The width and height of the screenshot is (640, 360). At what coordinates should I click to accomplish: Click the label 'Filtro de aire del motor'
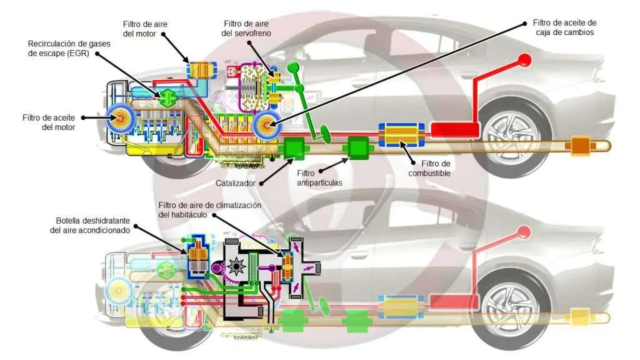point(145,29)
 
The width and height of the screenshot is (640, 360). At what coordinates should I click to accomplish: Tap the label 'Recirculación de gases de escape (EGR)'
point(69,48)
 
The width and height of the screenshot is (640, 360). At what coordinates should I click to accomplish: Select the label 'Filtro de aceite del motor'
point(49,122)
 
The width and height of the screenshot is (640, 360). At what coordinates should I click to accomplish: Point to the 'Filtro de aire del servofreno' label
point(246,29)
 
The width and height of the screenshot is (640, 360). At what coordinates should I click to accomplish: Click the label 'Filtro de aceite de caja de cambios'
point(564,27)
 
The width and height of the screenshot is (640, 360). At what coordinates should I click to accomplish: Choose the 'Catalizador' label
point(235,183)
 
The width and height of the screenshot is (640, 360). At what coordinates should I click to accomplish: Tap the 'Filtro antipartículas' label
point(319,178)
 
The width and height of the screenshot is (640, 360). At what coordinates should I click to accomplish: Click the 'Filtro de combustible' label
point(429,168)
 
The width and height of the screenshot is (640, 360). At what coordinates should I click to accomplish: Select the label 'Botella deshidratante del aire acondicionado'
point(90,225)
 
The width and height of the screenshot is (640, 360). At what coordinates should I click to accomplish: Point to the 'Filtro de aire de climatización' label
point(210,205)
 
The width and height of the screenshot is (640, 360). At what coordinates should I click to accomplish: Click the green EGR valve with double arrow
point(167,98)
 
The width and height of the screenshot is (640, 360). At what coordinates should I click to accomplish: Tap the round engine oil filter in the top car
point(120,118)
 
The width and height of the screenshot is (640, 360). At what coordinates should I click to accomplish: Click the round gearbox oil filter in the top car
point(267,124)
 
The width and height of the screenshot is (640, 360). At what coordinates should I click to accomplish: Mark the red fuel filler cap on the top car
point(524,61)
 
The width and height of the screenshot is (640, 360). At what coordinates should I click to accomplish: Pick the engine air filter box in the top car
point(201,70)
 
